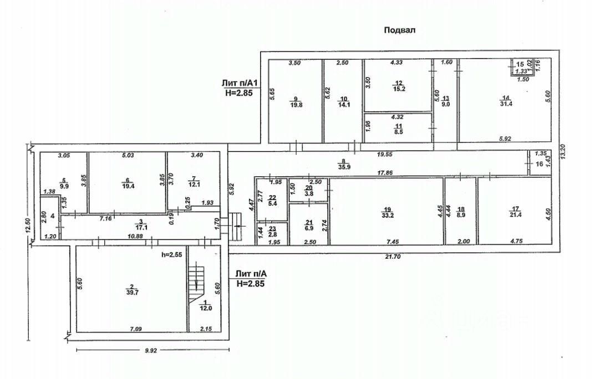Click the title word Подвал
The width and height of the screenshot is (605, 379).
click(x=399, y=30)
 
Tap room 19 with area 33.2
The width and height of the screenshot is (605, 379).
click(x=387, y=213)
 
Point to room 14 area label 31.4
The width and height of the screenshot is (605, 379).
click(x=505, y=103)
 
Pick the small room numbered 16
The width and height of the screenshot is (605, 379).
click(x=538, y=165)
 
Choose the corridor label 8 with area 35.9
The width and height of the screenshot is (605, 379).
click(x=344, y=165)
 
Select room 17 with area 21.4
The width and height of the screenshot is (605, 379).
click(x=515, y=212)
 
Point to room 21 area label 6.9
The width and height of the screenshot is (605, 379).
click(x=309, y=228)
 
